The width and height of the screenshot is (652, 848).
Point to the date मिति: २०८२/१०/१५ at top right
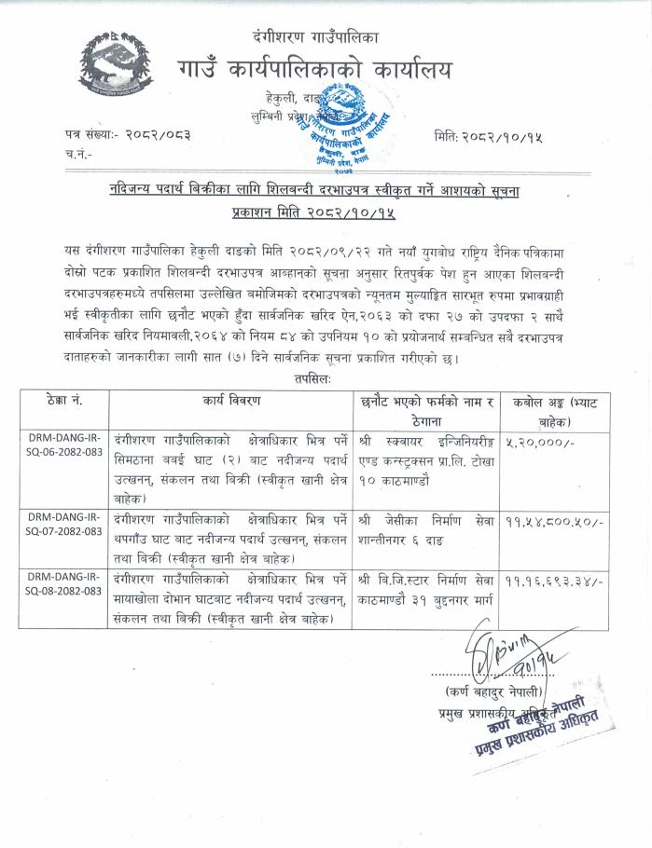coord(488,137)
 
